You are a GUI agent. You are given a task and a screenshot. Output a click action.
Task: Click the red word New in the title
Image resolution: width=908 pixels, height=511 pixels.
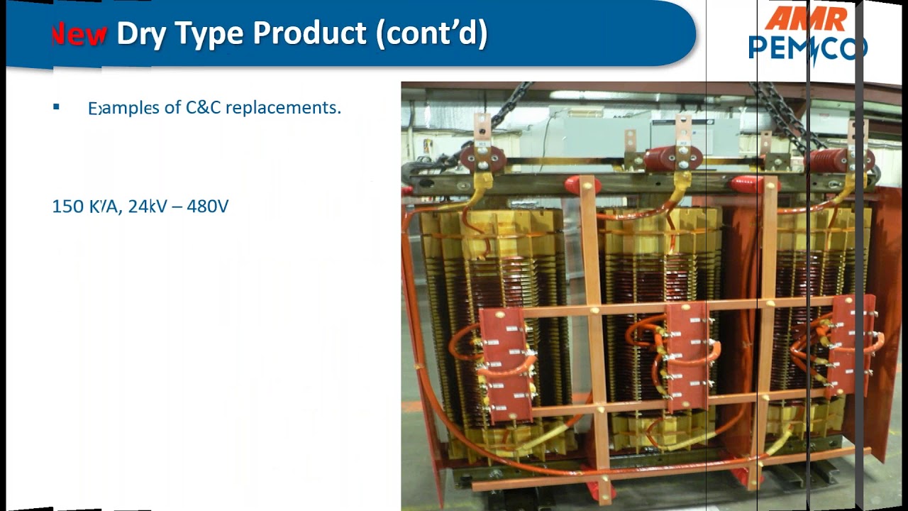tap(79, 34)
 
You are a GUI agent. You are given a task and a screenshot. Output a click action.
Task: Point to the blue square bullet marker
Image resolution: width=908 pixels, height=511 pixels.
tap(56, 107)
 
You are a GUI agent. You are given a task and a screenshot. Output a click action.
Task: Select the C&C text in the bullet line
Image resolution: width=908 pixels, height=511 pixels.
tap(203, 108)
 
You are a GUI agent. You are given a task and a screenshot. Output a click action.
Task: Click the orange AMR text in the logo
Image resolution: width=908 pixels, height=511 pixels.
tap(806, 19)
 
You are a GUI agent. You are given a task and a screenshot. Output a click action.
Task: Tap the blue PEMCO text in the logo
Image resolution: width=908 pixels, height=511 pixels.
tap(807, 48)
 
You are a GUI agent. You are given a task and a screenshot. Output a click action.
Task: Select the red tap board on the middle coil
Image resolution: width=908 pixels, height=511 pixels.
tap(687, 356)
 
